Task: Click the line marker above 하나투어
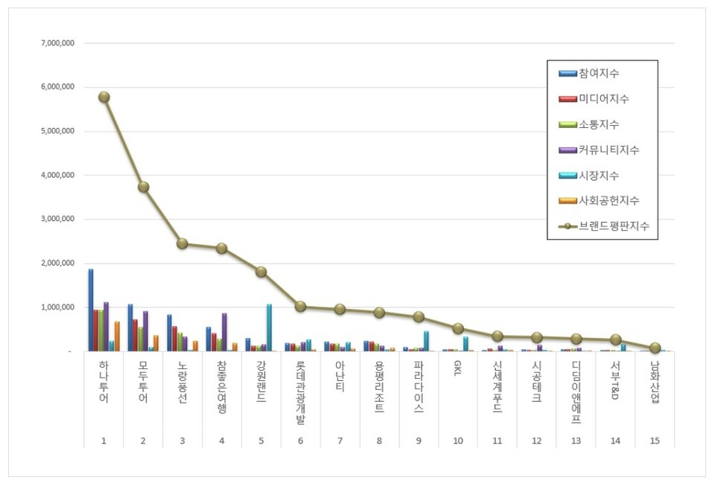point(104,97)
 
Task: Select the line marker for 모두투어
point(143,187)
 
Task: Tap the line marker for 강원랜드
point(261,272)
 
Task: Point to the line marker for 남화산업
point(655,348)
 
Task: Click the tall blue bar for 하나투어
point(91,310)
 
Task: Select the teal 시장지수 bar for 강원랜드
point(269,327)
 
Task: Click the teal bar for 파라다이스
point(426,341)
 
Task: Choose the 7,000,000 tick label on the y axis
point(58,44)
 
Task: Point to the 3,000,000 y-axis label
point(58,220)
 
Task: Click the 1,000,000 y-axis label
point(58,307)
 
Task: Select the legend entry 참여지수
point(599,73)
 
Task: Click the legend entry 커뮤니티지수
point(608,150)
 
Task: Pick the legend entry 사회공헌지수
point(608,201)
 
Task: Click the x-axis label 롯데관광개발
point(300,392)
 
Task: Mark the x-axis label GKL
point(458,371)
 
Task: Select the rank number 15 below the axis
point(655,441)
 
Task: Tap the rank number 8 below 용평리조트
point(379,441)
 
